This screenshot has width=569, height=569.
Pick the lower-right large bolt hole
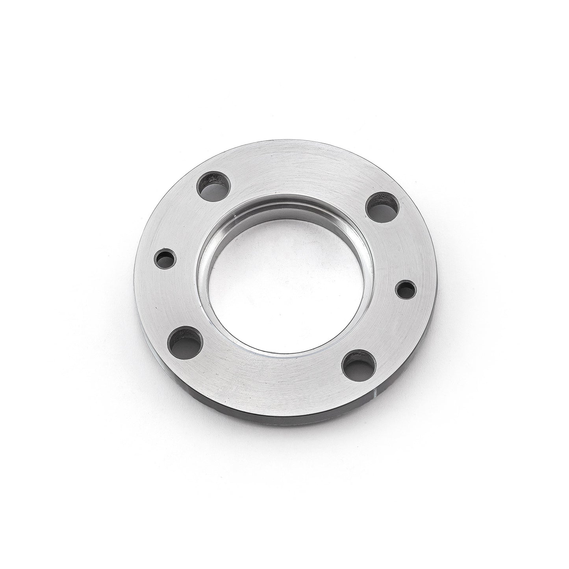tap(358, 364)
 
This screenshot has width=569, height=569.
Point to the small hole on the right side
tap(406, 291)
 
